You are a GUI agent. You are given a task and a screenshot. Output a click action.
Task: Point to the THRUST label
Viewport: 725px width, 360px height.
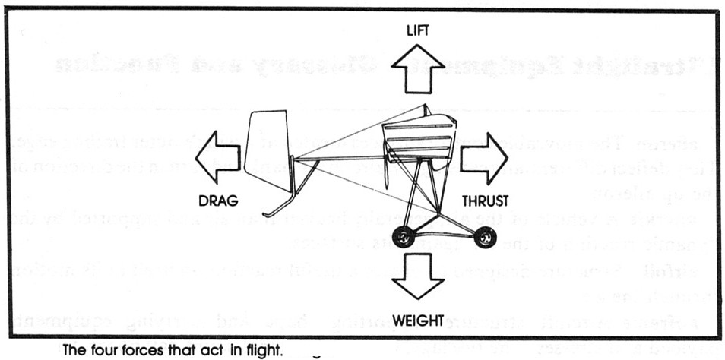pos(486,201)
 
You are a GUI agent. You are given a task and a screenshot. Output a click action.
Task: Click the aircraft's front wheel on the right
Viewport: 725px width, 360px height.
pos(483,238)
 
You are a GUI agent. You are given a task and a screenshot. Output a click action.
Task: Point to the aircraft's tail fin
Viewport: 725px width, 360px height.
pos(266,149)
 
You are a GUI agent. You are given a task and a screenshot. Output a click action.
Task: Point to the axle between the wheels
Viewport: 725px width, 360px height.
pos(444,234)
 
